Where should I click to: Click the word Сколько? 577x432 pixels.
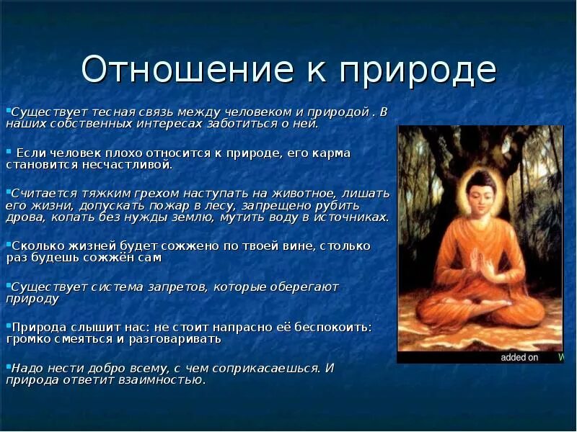[x=32, y=246]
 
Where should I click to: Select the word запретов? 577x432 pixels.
[x=170, y=287]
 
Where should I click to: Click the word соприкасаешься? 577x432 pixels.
[x=266, y=367]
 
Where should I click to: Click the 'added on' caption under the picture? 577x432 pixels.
[x=519, y=357]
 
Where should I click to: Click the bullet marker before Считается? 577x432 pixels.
[x=6, y=192]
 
